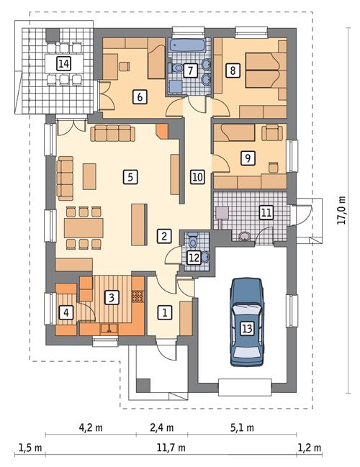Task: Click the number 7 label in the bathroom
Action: click(x=190, y=71)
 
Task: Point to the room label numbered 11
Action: click(x=266, y=212)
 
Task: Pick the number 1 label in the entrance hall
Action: click(x=165, y=312)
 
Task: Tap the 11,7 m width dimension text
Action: click(x=171, y=447)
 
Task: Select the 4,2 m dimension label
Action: click(x=90, y=427)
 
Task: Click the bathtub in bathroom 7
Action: click(x=189, y=45)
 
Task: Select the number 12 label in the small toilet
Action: click(x=194, y=256)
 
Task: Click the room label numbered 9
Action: click(x=247, y=156)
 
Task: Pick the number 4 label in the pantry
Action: click(x=66, y=313)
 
